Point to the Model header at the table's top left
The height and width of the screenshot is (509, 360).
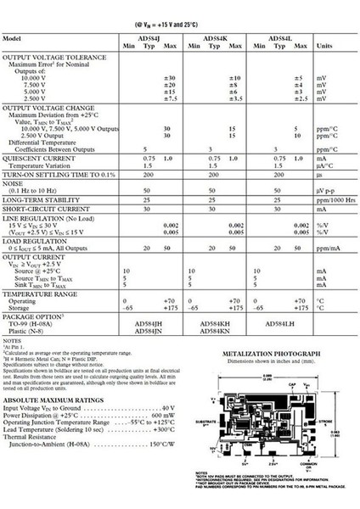13,40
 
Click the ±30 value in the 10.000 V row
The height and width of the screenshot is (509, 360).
169,77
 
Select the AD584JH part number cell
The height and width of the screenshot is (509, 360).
139,324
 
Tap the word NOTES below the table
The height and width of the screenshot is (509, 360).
11,342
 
